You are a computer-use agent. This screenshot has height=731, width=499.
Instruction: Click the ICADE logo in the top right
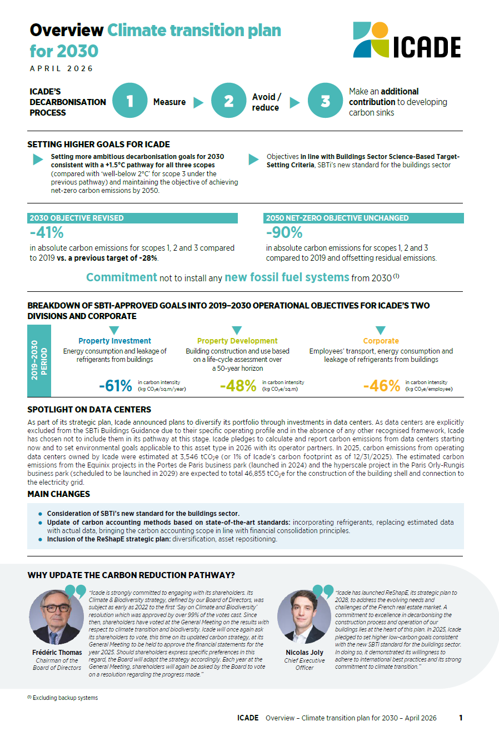click(x=407, y=41)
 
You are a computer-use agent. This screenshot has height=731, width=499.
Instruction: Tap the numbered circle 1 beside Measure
click(x=129, y=101)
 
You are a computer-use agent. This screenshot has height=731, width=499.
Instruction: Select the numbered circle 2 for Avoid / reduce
click(x=228, y=101)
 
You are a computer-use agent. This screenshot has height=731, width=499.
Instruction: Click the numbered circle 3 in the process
click(x=325, y=101)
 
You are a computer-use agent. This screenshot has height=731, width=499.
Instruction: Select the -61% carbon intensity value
click(x=115, y=385)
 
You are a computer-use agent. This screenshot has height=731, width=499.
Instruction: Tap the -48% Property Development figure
click(x=238, y=385)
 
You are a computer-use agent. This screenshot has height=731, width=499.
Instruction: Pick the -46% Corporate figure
click(x=381, y=385)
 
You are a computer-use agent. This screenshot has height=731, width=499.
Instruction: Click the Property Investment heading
click(x=114, y=341)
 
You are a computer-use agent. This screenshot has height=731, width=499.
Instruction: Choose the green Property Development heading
click(x=237, y=341)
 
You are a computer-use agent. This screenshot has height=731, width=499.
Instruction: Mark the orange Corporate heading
click(x=381, y=341)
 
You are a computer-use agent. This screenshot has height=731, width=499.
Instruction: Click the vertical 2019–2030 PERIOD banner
click(x=39, y=360)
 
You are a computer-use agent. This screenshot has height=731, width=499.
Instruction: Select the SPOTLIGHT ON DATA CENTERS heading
click(x=89, y=410)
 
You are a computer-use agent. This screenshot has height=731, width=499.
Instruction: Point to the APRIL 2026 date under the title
click(x=62, y=69)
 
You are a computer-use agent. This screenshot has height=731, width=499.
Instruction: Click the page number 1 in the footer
click(x=461, y=718)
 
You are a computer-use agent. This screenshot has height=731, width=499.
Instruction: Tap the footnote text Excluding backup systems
click(x=65, y=698)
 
